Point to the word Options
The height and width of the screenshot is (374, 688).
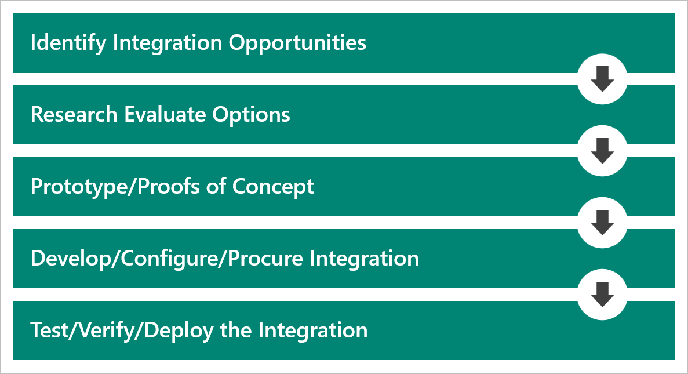click(251, 114)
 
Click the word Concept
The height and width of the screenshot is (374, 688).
click(274, 187)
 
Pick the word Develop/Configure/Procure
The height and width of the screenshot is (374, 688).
click(166, 259)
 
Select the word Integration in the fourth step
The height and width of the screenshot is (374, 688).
click(364, 259)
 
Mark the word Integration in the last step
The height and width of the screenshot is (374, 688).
click(313, 331)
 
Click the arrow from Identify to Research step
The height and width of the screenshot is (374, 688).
click(602, 79)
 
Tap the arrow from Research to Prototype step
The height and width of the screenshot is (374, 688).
click(602, 151)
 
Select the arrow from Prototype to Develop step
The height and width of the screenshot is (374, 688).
click(602, 223)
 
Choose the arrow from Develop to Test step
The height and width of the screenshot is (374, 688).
click(602, 295)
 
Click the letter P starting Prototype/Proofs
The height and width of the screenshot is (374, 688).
click(36, 187)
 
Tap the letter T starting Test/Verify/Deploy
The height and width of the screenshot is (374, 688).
click(36, 331)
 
